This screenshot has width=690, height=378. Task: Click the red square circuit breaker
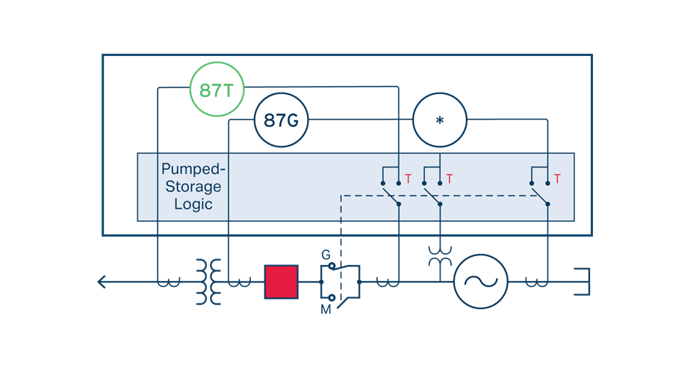(x=282, y=282)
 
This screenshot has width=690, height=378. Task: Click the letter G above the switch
(x=326, y=255)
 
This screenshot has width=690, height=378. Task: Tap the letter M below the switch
(x=326, y=310)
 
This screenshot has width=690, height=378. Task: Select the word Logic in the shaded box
(x=193, y=205)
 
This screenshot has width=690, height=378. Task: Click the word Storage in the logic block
(x=193, y=187)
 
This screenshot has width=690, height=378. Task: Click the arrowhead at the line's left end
(x=102, y=282)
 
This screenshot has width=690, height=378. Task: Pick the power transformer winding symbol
(x=208, y=282)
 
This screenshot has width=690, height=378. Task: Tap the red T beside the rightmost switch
(x=557, y=179)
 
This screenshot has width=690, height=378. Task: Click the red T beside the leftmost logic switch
(x=408, y=179)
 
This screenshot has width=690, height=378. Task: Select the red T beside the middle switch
(x=450, y=179)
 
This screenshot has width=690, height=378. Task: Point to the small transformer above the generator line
(x=440, y=256)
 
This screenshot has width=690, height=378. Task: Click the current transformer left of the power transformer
(x=169, y=282)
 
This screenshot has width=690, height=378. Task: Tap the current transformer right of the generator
(x=536, y=282)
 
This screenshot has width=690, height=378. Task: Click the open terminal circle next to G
(x=332, y=266)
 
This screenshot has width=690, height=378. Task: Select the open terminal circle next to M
(x=332, y=298)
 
